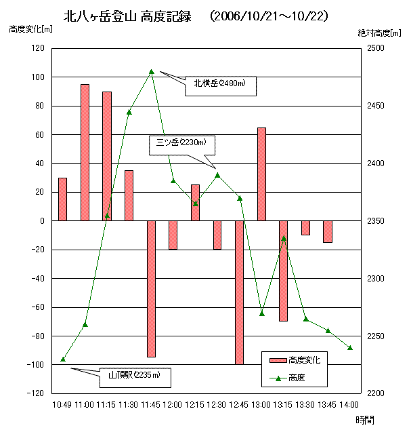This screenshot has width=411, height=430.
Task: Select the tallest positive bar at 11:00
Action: click(x=85, y=153)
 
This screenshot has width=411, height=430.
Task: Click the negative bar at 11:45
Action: click(x=151, y=288)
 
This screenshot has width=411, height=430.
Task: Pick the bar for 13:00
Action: click(x=261, y=174)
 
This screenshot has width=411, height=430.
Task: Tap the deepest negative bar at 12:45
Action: click(x=239, y=292)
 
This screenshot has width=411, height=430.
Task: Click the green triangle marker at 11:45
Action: click(x=151, y=71)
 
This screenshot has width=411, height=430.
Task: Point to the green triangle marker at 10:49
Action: click(x=63, y=359)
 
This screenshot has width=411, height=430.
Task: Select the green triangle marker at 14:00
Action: click(x=350, y=348)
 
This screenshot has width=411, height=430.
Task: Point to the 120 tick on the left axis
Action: click(x=37, y=49)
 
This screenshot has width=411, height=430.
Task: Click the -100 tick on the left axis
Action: click(x=36, y=365)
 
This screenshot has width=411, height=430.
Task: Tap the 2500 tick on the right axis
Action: click(x=376, y=49)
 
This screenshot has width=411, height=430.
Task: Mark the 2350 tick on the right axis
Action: click(x=376, y=221)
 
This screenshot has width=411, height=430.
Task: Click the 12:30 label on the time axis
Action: click(x=217, y=405)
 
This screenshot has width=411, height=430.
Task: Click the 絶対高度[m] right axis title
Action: click(x=380, y=33)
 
